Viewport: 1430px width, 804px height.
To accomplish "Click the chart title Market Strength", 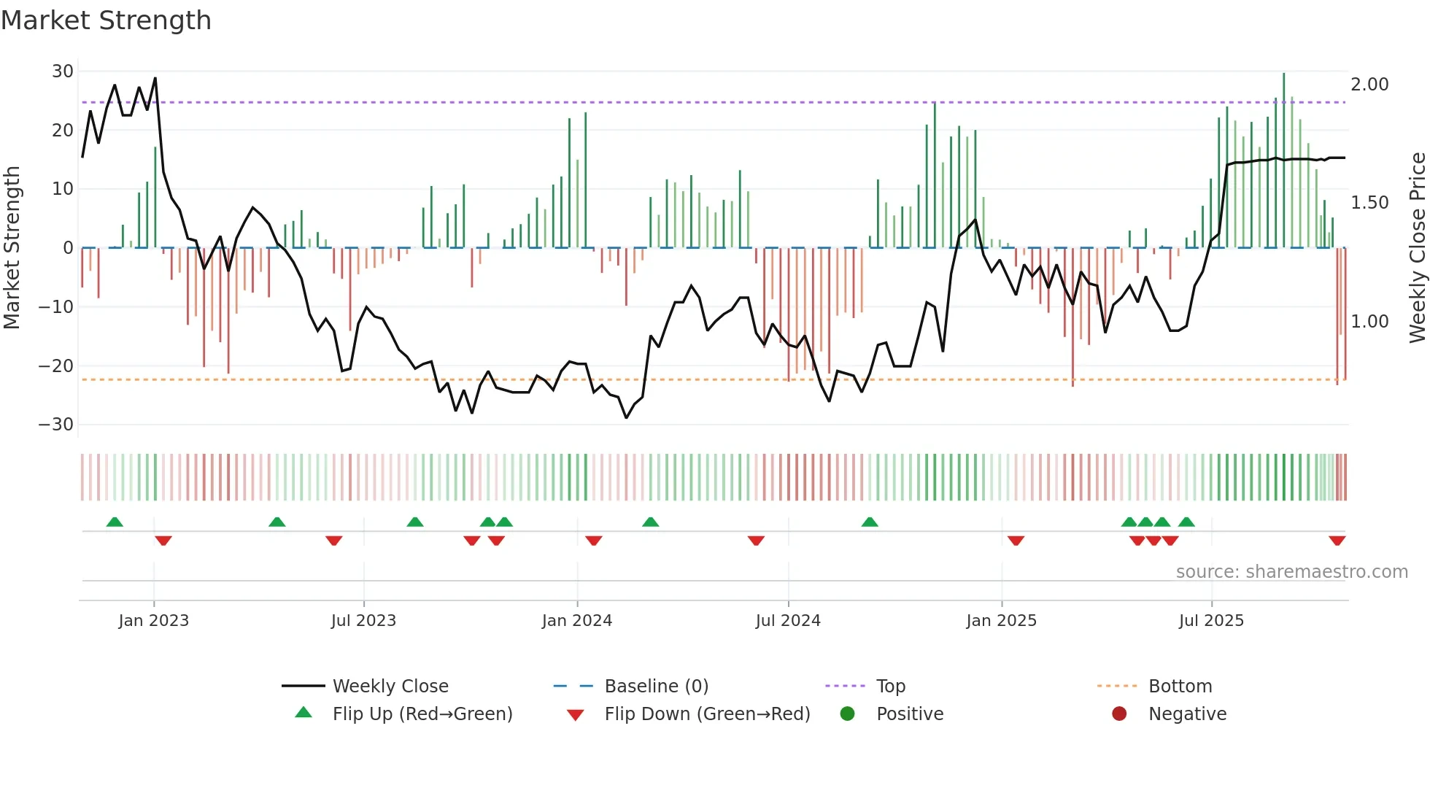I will pyautogui.click(x=107, y=20).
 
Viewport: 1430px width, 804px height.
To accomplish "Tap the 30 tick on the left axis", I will pyautogui.click(x=63, y=71).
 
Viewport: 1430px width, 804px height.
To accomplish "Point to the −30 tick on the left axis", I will pyautogui.click(x=56, y=425).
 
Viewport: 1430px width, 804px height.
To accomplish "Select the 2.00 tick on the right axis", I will pyautogui.click(x=1369, y=85).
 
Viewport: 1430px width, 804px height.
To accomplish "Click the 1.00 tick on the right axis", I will pyautogui.click(x=1369, y=322).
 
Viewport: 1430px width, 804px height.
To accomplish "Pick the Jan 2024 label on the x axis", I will pyautogui.click(x=576, y=621).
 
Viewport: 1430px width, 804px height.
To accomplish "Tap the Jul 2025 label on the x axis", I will pyautogui.click(x=1211, y=621).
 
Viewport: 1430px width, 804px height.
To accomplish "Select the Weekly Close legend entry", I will pyautogui.click(x=390, y=687).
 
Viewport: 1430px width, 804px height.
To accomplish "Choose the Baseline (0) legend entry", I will pyautogui.click(x=656, y=687).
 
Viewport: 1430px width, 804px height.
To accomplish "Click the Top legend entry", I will pyautogui.click(x=890, y=687).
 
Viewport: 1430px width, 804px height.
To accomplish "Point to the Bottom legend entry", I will pyautogui.click(x=1180, y=687).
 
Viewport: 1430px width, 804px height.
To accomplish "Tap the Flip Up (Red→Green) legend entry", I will pyautogui.click(x=422, y=714).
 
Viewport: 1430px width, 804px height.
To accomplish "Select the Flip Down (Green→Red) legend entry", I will pyautogui.click(x=707, y=714).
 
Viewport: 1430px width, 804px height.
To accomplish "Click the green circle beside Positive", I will pyautogui.click(x=847, y=714).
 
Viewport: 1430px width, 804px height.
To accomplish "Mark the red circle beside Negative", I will pyautogui.click(x=1119, y=714).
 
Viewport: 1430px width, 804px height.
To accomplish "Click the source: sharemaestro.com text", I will pyautogui.click(x=1291, y=572).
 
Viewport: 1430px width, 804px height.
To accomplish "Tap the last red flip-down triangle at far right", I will pyautogui.click(x=1337, y=541).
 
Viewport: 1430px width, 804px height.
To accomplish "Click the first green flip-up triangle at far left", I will pyautogui.click(x=115, y=522).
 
